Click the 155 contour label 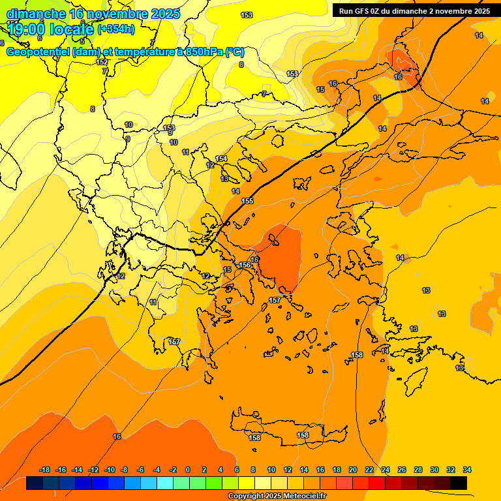point(247,201)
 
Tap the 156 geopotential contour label point(245,265)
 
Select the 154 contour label point(221,159)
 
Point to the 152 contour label point(102,62)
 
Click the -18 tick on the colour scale point(44,470)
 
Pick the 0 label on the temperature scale point(188,470)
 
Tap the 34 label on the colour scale point(467,470)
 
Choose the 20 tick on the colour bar point(353,470)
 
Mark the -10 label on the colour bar point(110,470)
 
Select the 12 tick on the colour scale point(288,470)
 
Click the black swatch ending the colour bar point(459,483)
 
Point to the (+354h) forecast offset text point(116,29)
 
